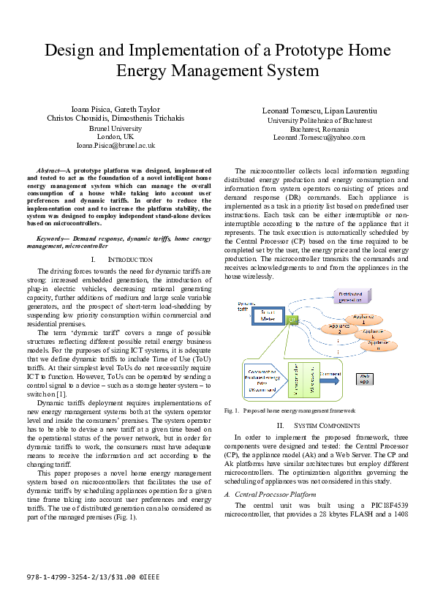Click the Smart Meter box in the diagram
(252, 317)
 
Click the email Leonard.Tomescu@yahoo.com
(319, 137)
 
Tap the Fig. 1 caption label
(232, 411)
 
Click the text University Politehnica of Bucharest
(319, 120)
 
